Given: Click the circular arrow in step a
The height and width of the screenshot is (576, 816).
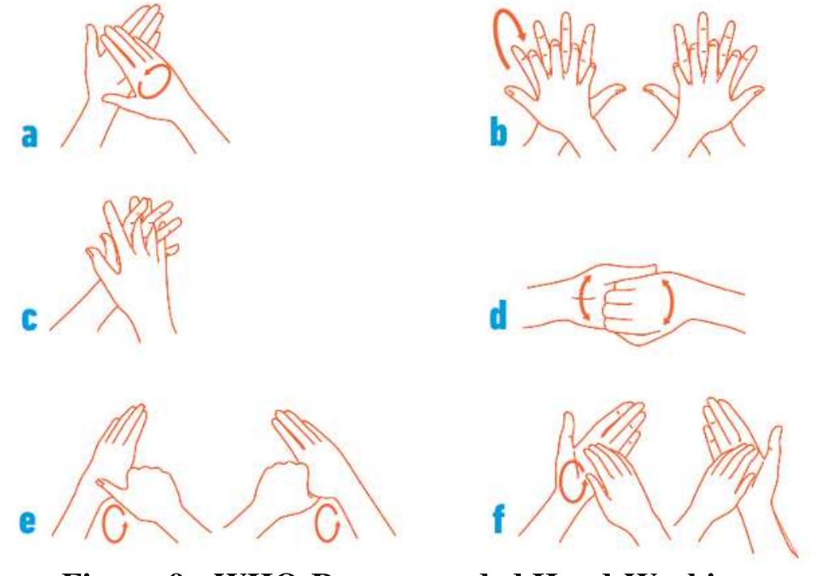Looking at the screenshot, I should pyautogui.click(x=154, y=82).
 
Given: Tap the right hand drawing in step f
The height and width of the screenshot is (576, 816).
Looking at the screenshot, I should pyautogui.click(x=732, y=469).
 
